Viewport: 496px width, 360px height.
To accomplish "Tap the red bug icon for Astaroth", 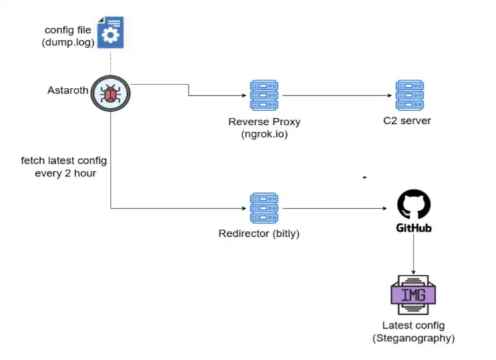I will pos(110,94).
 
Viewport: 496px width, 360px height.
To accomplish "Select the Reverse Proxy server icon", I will pos(264,95).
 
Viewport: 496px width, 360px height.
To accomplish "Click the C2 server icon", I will pos(407,95).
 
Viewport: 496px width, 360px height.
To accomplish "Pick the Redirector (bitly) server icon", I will pos(264,208).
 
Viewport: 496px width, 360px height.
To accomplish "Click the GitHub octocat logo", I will pos(413,206).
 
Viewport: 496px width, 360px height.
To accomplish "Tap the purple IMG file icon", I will pos(413,293).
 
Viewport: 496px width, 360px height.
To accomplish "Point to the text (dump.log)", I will pos(68,43).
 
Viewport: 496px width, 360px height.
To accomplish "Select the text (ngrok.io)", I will pos(264,134).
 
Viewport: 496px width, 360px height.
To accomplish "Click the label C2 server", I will pos(407,121).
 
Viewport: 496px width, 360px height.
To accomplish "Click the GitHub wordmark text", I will pos(413,229).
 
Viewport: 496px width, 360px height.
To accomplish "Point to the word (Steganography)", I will pos(413,338).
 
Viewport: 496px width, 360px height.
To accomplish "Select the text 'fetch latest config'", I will pos(63,161).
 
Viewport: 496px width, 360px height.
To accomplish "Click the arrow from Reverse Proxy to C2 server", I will pos(337,95).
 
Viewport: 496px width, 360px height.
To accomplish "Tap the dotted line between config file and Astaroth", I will pos(111,61).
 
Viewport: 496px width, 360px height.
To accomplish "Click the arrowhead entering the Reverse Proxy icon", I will pos(243,95).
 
